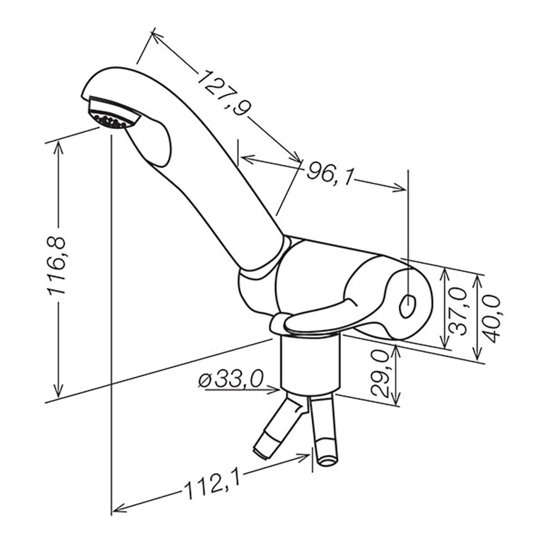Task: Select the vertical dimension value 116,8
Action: point(57,265)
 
